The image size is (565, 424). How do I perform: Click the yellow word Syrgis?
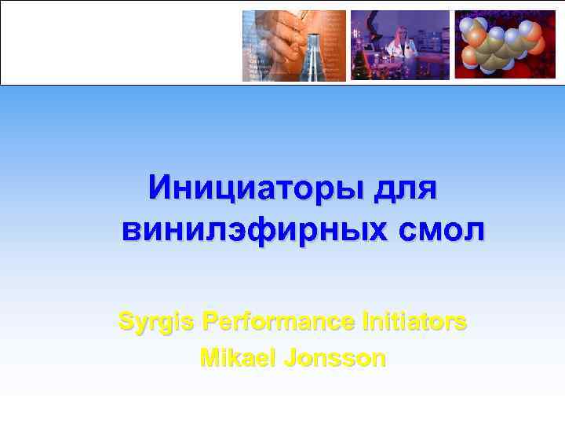tap(156, 321)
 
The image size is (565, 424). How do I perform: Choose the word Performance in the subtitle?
tap(279, 321)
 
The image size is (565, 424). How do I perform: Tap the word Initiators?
tap(415, 321)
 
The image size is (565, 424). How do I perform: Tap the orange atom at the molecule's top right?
tap(531, 31)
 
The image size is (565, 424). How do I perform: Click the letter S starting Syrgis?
tap(126, 321)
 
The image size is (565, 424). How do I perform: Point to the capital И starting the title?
tap(162, 189)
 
